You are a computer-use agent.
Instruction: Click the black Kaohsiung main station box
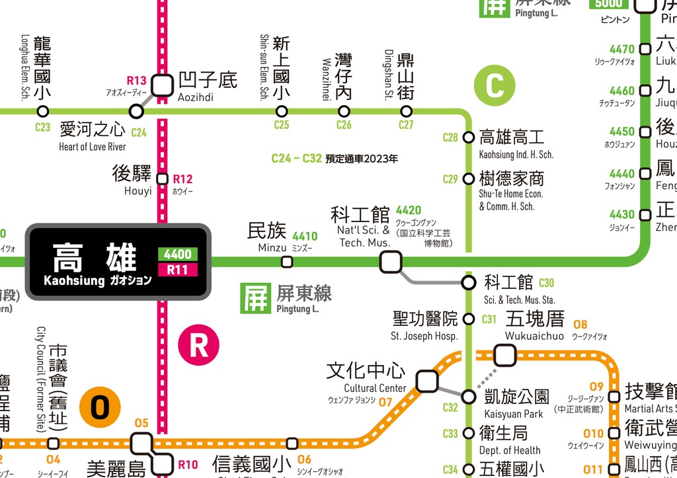point(118,262)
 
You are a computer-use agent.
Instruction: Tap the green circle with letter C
point(494,86)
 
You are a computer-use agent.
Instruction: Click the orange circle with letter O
point(100,408)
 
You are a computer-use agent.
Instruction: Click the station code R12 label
point(182,179)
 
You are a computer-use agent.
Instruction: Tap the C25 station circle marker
point(282,111)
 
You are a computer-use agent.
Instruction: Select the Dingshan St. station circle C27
point(406,111)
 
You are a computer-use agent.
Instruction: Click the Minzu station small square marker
point(287,262)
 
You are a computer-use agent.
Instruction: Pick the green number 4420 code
point(409,211)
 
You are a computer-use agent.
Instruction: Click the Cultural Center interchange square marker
point(426,381)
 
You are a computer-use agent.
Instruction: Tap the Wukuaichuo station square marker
point(504,355)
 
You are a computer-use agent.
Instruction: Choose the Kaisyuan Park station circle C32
point(469,397)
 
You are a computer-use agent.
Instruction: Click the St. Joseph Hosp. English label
point(424,336)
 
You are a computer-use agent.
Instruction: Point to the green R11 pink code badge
point(178,270)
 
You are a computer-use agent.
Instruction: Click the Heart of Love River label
point(93,147)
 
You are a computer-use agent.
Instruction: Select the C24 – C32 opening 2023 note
point(335,159)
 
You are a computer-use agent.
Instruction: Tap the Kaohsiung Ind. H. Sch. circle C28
point(469,138)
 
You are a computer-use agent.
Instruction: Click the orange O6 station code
point(304,459)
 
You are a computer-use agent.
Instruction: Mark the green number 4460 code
point(621,91)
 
